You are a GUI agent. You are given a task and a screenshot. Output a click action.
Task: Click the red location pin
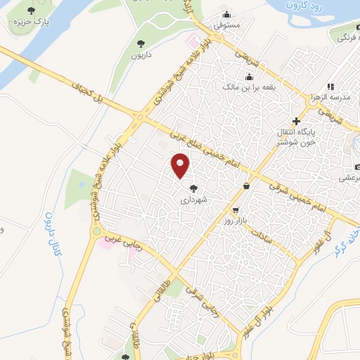point(181,165)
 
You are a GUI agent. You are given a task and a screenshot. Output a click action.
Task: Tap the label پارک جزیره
point(31,22)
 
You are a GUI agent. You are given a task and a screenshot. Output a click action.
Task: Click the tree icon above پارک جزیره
point(32,10)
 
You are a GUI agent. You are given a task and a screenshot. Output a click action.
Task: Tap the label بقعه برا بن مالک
point(247,89)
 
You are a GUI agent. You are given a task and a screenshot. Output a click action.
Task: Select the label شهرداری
point(194,200)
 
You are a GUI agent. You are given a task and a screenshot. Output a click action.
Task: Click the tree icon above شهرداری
point(193,188)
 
